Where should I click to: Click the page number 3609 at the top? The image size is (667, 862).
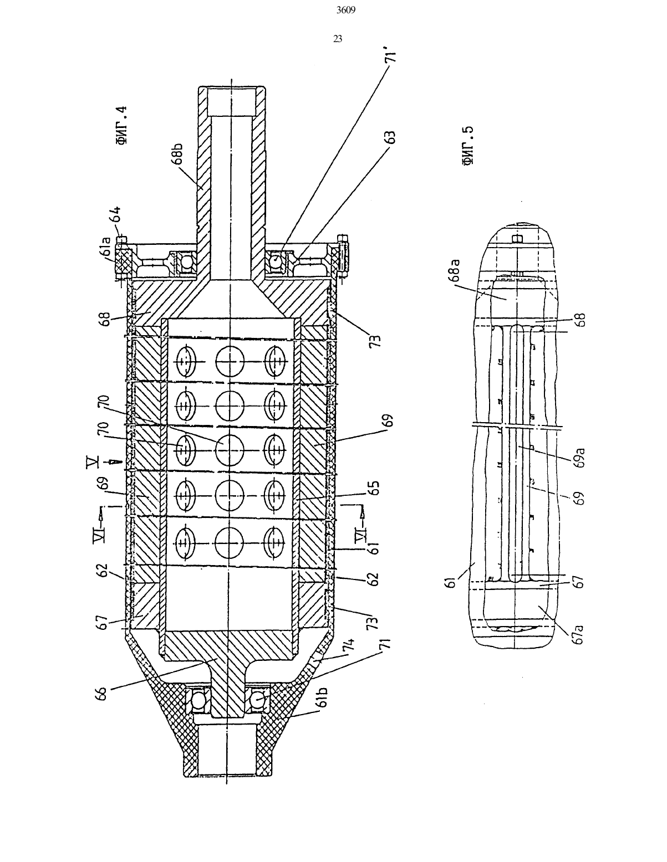(346, 11)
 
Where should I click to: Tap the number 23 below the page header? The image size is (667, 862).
(338, 39)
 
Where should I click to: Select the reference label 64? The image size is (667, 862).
(115, 214)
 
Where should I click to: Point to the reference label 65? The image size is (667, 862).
(374, 488)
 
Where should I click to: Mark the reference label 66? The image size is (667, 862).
(102, 693)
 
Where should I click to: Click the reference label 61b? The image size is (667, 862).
(323, 696)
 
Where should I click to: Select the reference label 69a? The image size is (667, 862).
(580, 457)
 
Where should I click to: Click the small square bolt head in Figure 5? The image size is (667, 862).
(517, 239)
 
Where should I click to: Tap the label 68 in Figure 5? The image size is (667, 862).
(580, 319)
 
